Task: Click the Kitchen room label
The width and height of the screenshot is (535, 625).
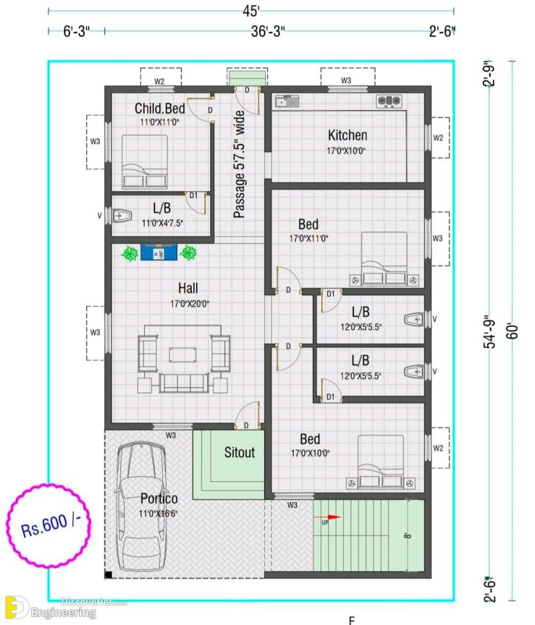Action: [x=348, y=135]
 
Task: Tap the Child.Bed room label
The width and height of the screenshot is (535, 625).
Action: [x=159, y=109]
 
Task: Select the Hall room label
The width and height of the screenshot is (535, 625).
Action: [x=187, y=287]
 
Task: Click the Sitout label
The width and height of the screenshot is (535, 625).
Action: [x=239, y=452]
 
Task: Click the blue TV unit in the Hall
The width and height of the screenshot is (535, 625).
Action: [x=159, y=252]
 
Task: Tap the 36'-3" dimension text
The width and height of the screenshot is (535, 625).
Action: [x=268, y=32]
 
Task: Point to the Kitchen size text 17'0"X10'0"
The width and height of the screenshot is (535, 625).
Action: [x=348, y=151]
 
